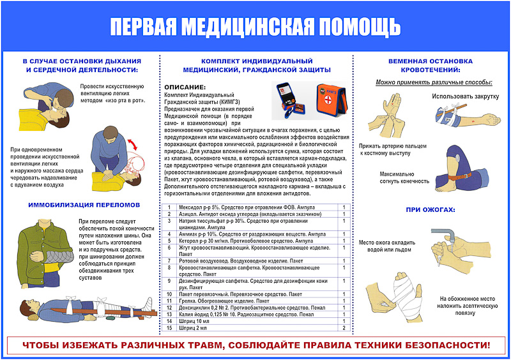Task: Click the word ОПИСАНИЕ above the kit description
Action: click(185, 87)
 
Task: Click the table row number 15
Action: click(169, 327)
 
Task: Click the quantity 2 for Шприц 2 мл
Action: click(344, 327)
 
